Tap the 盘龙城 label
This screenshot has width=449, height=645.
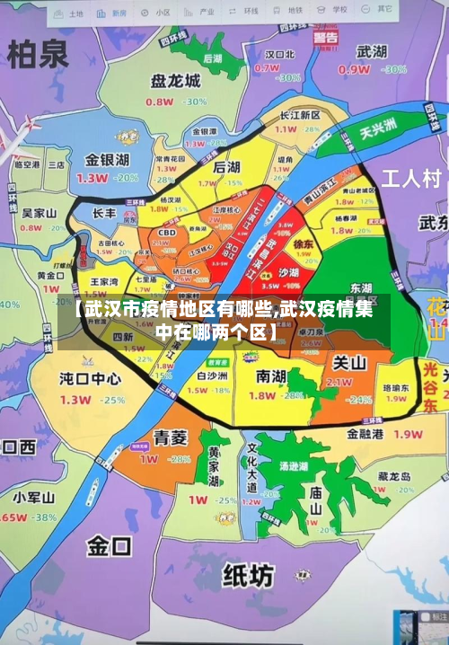tap(175, 81)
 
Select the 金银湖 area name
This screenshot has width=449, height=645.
tap(107, 160)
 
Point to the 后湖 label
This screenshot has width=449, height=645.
tap(226, 167)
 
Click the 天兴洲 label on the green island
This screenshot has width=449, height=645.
tap(378, 128)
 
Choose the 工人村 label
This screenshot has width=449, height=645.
tap(412, 177)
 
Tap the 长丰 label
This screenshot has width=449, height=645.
tap(104, 214)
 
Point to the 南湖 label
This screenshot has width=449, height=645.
tap(272, 375)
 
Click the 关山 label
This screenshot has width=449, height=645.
tap(349, 363)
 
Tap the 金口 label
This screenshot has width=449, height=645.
tap(110, 544)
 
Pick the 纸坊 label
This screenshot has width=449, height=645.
tap(249, 573)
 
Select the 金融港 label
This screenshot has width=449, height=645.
tap(365, 434)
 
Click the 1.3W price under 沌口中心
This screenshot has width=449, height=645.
tap(75, 400)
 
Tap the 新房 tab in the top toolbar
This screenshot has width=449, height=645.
tap(113, 13)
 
